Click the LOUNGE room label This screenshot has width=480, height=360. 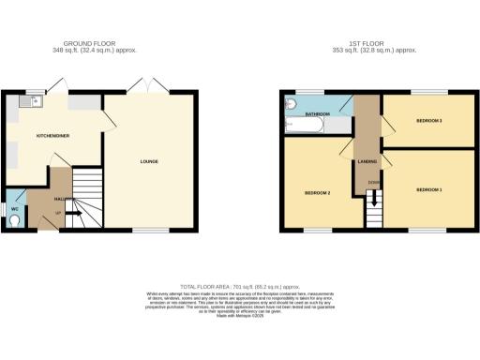[149, 161]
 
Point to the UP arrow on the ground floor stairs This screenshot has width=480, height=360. [74, 215]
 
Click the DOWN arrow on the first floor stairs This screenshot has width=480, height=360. [376, 199]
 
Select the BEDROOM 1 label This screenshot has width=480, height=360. [428, 189]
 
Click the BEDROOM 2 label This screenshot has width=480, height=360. [317, 193]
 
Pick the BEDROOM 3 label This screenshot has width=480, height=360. [428, 121]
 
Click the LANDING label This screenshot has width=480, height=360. [367, 161]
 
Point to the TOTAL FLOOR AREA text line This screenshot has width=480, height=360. [239, 286]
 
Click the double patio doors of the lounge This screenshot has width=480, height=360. [145, 87]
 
